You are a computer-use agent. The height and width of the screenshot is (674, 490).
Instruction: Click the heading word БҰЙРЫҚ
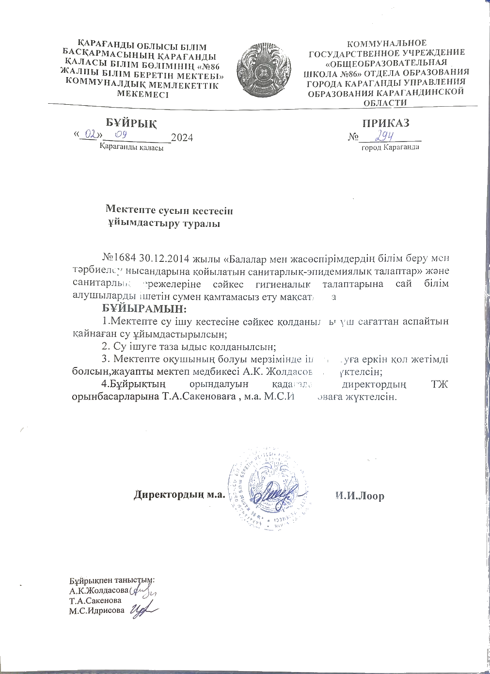(x=132, y=123)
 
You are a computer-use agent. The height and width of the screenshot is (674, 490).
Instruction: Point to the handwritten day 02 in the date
(x=90, y=133)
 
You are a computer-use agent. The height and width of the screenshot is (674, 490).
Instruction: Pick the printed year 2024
(x=182, y=138)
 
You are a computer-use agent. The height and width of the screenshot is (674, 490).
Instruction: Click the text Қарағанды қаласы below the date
(x=131, y=147)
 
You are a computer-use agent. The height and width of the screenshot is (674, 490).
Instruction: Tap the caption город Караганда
(x=390, y=146)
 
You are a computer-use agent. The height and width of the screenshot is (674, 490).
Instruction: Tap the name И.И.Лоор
(x=360, y=496)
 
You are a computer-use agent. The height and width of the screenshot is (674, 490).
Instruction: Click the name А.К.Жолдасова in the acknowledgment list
(x=99, y=591)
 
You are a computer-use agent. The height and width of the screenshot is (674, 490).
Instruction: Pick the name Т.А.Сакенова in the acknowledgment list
(x=95, y=600)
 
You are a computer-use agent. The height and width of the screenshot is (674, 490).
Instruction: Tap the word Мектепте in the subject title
(x=127, y=211)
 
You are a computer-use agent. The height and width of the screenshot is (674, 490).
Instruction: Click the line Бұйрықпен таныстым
(x=112, y=580)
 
